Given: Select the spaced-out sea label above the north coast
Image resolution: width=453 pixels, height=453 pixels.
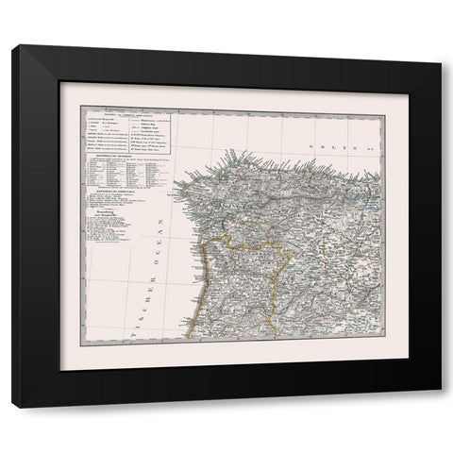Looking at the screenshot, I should pyautogui.click(x=331, y=148).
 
